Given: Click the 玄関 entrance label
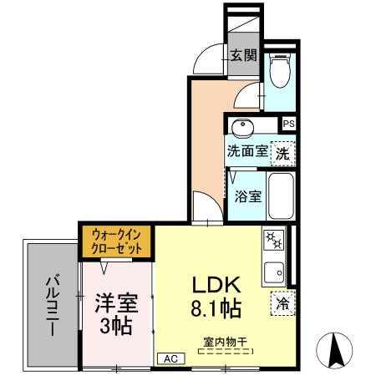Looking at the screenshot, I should tap(243, 56).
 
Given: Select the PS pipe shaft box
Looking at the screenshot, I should tap(288, 124).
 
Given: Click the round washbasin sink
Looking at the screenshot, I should tap(243, 127).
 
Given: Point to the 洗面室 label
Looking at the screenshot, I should tap(247, 153).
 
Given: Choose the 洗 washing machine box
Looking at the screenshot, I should tap(283, 153).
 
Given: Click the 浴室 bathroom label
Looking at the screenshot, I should tap(248, 197).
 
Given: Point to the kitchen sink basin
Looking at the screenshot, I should tap(273, 271).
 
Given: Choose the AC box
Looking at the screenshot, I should tap(170, 358).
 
